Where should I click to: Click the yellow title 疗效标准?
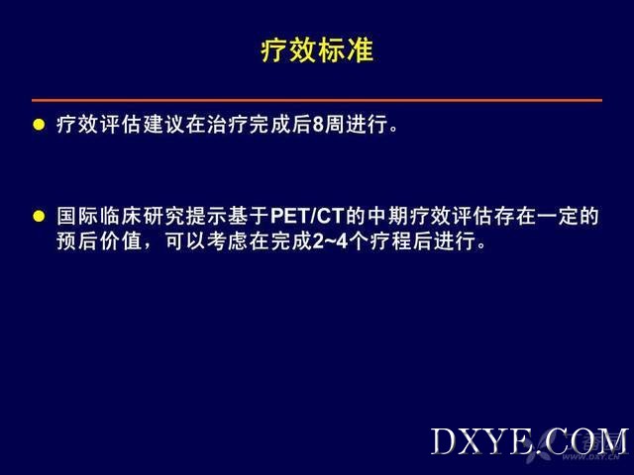317,50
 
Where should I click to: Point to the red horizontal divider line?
317,100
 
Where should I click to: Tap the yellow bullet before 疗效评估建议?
39,125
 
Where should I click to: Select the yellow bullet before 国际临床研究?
39,216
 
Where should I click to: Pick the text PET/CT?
307,216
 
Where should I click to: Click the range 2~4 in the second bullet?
330,241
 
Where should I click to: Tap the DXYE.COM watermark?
529,442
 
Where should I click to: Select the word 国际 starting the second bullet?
77,216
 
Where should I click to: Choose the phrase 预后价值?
99,241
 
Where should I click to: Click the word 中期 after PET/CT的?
388,216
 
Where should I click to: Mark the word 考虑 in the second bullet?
228,241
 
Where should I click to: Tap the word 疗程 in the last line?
390,241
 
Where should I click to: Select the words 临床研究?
142,216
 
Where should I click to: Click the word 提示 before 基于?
206,216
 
